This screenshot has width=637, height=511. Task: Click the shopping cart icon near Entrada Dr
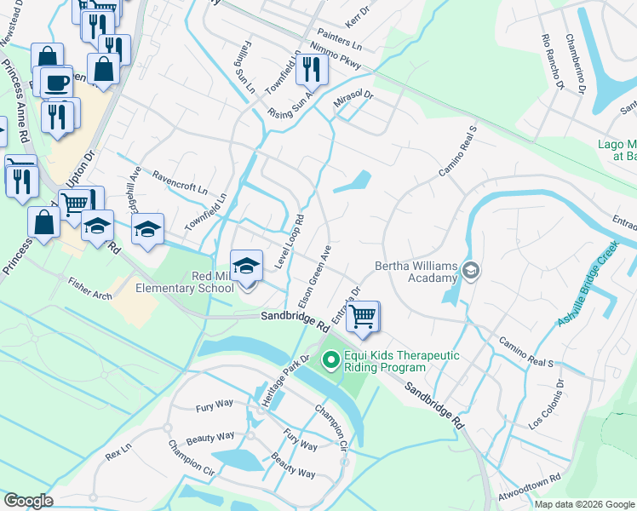point(364,316)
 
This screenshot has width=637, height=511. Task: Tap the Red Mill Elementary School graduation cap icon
point(246,267)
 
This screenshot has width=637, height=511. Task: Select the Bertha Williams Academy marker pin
point(472,271)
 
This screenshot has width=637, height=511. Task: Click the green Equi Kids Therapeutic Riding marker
point(330,361)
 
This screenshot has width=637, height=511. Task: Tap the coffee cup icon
point(57,83)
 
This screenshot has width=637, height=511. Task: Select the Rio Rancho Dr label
point(552,62)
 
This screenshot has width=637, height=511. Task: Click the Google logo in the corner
point(28,501)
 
